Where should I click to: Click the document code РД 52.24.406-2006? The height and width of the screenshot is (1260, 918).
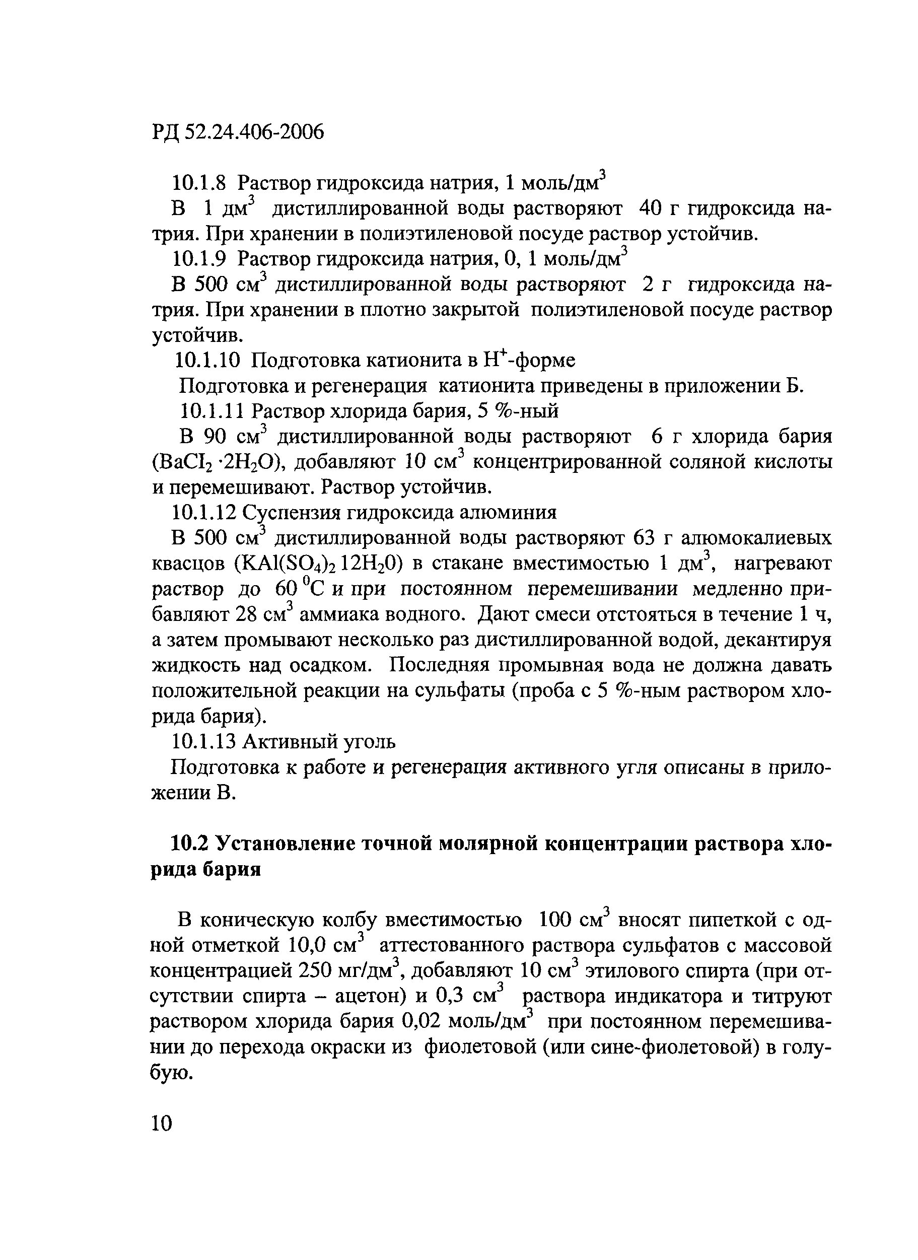coord(237,132)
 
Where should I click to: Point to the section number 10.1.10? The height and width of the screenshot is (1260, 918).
coord(207,361)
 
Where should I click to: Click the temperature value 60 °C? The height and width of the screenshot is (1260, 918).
coord(304,589)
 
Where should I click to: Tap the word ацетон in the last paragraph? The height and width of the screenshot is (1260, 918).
coord(370,996)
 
